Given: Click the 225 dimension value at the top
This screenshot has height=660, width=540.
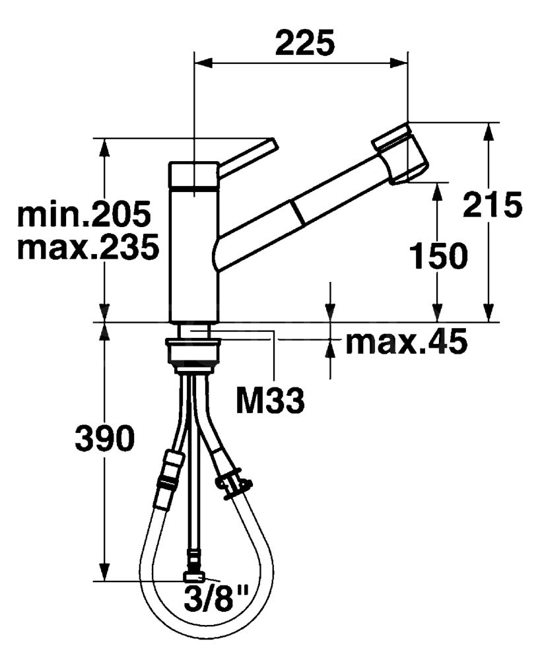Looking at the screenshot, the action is [x=305, y=43].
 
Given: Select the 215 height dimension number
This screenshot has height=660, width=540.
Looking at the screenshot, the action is [x=492, y=205].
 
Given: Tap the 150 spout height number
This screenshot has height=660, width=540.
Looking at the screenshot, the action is [x=438, y=255].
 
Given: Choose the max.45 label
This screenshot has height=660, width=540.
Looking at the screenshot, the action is [x=406, y=341].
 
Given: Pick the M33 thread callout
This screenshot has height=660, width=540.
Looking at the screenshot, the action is [x=270, y=401].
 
